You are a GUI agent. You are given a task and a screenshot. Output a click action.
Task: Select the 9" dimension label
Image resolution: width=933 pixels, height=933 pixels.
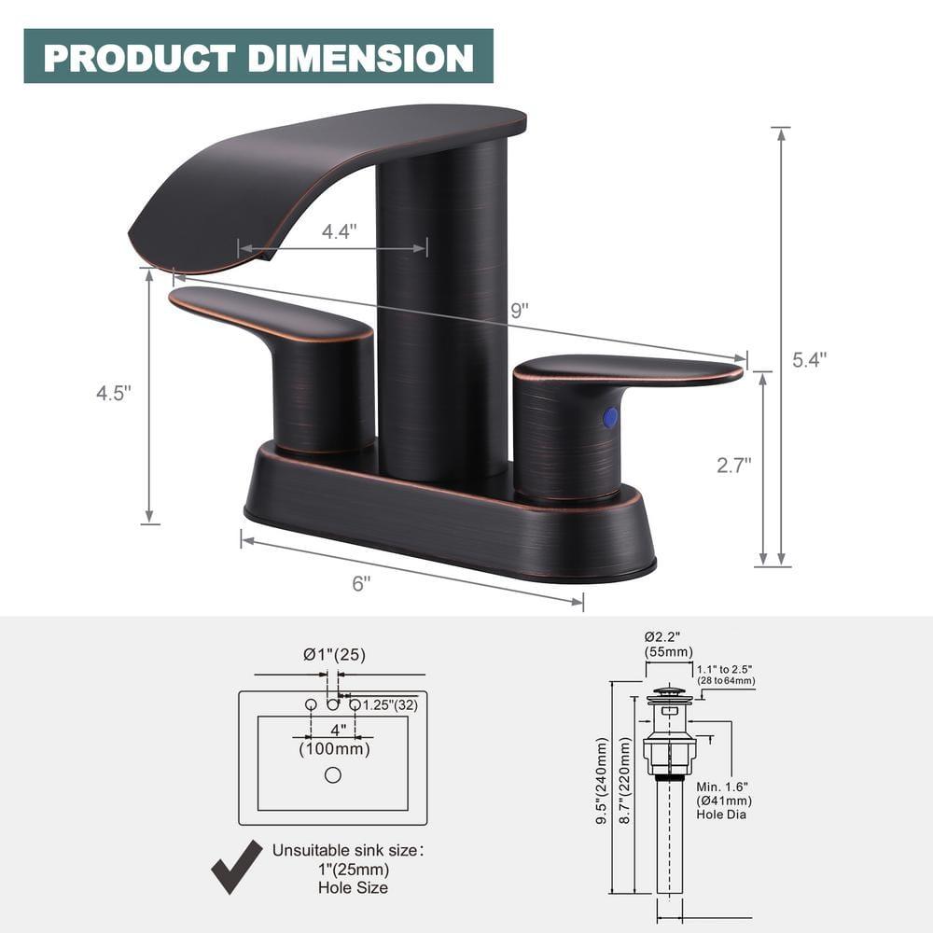click(x=520, y=311)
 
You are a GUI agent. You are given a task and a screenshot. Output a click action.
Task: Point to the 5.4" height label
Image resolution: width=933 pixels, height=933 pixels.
click(x=810, y=358)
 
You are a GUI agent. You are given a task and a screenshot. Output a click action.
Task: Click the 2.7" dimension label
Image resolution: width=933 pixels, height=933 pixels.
click(x=734, y=466)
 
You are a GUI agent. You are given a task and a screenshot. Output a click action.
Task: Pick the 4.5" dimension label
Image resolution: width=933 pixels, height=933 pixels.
click(x=114, y=393)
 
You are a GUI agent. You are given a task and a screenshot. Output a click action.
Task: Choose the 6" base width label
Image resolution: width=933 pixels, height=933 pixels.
click(x=361, y=583)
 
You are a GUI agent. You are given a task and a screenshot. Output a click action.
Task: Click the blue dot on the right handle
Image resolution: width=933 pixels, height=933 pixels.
click(x=610, y=417)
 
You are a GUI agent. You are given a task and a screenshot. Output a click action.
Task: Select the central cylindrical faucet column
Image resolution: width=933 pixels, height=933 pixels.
click(x=441, y=308)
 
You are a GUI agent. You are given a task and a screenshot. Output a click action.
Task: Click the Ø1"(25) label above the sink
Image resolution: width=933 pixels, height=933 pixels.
click(x=333, y=654)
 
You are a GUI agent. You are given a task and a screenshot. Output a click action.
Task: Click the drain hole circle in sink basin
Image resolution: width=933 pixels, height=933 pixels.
click(x=333, y=774)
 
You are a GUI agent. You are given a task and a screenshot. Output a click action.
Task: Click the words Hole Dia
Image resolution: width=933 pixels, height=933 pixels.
click(x=721, y=815)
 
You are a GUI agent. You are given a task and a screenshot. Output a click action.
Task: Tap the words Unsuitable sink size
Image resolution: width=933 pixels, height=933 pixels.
click(x=348, y=850)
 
